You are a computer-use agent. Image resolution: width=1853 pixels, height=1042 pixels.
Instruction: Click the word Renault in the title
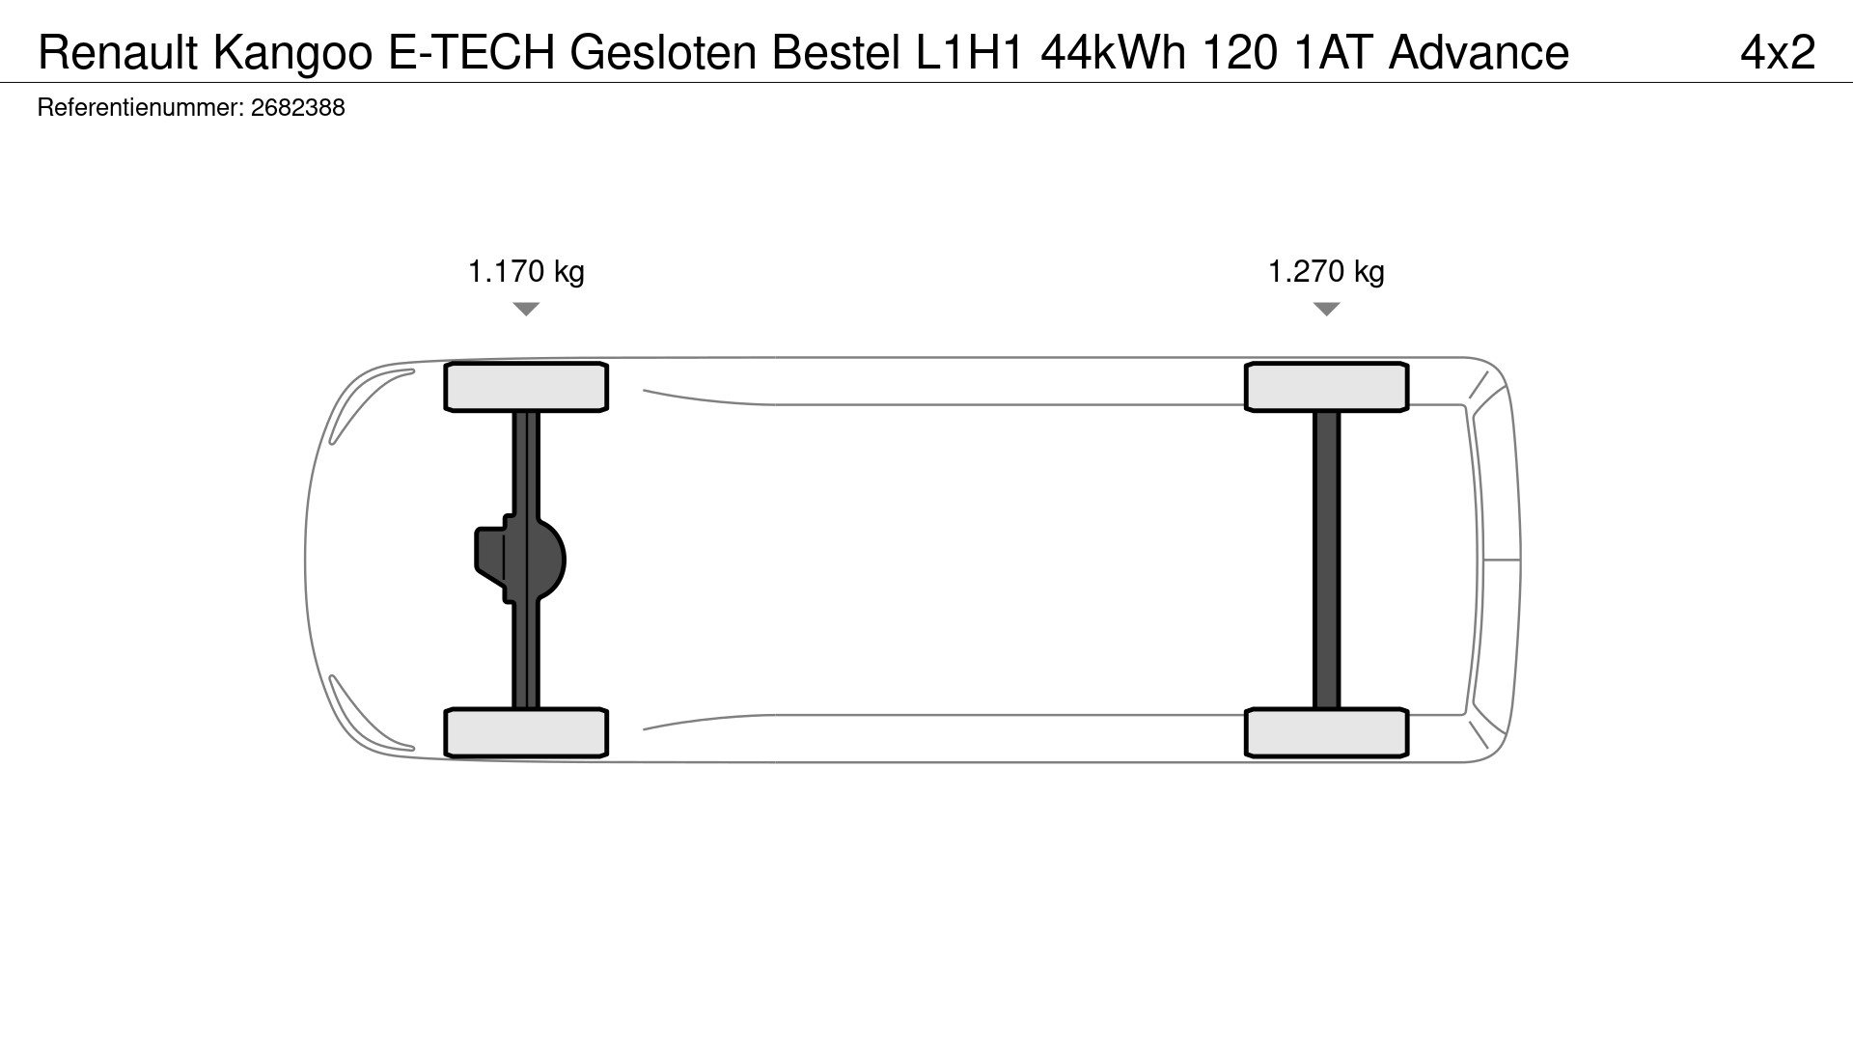point(118,52)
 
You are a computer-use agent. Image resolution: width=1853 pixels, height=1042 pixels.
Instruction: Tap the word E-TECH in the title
point(472,52)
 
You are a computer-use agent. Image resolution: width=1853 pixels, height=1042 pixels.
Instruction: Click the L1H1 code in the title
point(969,52)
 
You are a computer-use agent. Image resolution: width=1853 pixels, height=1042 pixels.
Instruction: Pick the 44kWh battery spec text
point(1114,52)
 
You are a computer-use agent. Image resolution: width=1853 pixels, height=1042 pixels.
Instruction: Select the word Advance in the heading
point(1479,52)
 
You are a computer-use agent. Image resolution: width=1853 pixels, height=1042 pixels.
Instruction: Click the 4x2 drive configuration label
point(1778,52)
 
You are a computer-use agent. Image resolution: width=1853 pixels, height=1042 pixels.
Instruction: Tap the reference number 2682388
point(297,107)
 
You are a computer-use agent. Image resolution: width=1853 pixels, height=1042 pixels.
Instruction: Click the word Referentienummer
point(140,107)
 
